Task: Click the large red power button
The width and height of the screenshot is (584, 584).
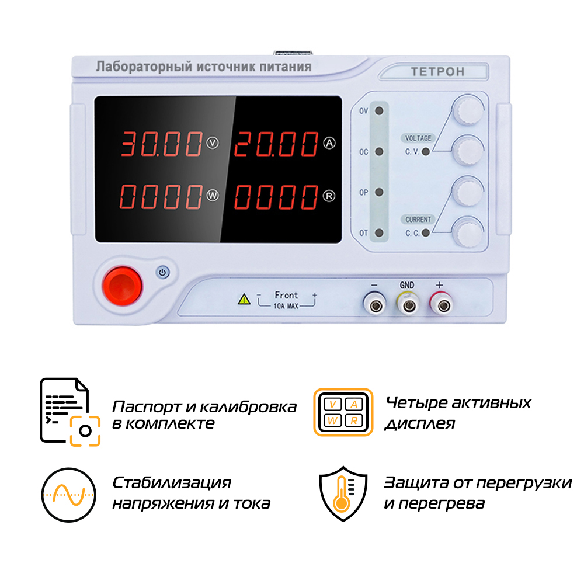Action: point(122,286)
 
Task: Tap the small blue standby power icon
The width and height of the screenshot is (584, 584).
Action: point(162,272)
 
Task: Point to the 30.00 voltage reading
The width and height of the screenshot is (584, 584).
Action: point(161,144)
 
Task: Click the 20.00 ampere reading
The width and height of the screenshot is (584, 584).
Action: point(276,144)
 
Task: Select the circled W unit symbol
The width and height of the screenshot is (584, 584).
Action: point(213,196)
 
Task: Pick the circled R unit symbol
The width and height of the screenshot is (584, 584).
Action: point(329,196)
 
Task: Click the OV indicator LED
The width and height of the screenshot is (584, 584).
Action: point(379,110)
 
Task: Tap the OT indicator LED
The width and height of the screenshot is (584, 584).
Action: point(379,233)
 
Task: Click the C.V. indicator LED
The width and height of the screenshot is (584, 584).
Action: point(426,152)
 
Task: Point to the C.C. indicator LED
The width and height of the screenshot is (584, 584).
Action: point(426,233)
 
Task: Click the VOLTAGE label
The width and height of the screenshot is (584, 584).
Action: point(418,138)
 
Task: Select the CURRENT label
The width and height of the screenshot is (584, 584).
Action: point(418,220)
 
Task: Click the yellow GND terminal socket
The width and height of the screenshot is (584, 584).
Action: point(409,305)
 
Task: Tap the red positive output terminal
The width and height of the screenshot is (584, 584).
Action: point(443,305)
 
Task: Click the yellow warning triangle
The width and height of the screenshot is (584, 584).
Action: point(244,299)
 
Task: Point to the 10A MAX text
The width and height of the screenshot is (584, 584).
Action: point(286,306)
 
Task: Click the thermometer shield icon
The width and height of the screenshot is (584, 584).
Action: point(343,493)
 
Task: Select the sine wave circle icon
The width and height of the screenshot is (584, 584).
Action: point(68,495)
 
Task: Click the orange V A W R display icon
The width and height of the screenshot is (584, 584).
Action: point(343,412)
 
